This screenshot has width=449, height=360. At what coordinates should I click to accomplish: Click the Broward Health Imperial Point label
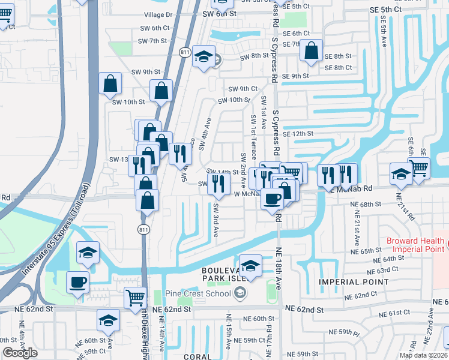point(415,245)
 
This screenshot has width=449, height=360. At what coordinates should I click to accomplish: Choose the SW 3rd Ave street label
point(215,220)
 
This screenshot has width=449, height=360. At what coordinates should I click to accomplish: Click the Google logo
point(20,353)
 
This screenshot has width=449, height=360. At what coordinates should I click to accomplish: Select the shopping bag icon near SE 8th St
point(312,52)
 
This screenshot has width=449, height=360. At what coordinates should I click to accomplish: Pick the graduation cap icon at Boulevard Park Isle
point(250,265)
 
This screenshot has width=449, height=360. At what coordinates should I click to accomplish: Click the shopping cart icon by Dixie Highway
point(135,297)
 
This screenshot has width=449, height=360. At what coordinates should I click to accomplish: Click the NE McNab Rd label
point(350,188)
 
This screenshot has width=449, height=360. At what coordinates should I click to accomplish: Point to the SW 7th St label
point(151,41)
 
